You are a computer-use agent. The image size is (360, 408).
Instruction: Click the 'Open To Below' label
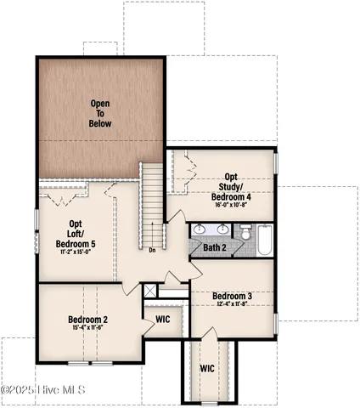click(x=100, y=113)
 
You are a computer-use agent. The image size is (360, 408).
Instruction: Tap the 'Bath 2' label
click(x=213, y=247)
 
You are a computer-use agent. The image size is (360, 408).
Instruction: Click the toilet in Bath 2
click(x=245, y=232)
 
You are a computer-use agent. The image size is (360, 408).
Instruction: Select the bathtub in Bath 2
click(x=264, y=240)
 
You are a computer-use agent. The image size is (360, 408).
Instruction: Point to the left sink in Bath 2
click(x=200, y=229)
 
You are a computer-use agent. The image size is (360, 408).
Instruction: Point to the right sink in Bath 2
click(x=223, y=229)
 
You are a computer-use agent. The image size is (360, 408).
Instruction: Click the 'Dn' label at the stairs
click(x=152, y=250)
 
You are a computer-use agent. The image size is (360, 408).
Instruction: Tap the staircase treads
click(x=152, y=203)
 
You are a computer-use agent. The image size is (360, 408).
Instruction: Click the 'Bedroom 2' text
click(x=88, y=320)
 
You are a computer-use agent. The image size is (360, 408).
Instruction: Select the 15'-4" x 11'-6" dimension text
click(x=88, y=329)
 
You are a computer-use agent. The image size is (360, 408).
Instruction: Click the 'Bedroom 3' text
click(x=231, y=296)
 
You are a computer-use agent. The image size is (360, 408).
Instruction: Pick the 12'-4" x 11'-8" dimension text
click(x=231, y=304)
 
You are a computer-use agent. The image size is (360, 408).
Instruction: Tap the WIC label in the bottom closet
click(x=207, y=369)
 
